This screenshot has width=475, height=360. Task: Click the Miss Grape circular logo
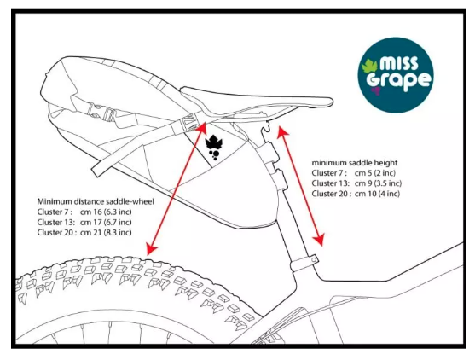click(x=396, y=75)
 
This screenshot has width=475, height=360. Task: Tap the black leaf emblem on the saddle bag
click(x=213, y=148)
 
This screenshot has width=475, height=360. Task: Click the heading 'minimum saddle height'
click(x=355, y=163)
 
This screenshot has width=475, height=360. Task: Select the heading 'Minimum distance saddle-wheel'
click(x=96, y=201)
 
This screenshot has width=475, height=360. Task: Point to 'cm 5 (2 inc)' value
click(x=375, y=173)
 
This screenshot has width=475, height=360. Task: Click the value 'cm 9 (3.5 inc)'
click(x=378, y=183)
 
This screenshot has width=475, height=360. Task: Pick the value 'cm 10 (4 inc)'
click(x=377, y=194)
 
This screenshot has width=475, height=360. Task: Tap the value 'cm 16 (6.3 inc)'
click(x=106, y=212)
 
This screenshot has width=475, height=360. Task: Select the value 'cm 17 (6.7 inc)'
click(x=106, y=222)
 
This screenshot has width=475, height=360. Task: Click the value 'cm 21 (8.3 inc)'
click(x=106, y=232)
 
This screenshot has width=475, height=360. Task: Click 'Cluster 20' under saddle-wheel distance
click(x=56, y=232)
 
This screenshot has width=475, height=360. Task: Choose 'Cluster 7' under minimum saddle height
click(x=329, y=173)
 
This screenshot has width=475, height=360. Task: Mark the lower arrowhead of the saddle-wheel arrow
click(x=151, y=248)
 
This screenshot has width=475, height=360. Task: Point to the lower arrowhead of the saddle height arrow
click(x=319, y=240)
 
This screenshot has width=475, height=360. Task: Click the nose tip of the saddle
click(x=331, y=102)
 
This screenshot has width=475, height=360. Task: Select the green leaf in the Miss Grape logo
click(x=369, y=66)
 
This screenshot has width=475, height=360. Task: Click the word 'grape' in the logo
click(x=398, y=81)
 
